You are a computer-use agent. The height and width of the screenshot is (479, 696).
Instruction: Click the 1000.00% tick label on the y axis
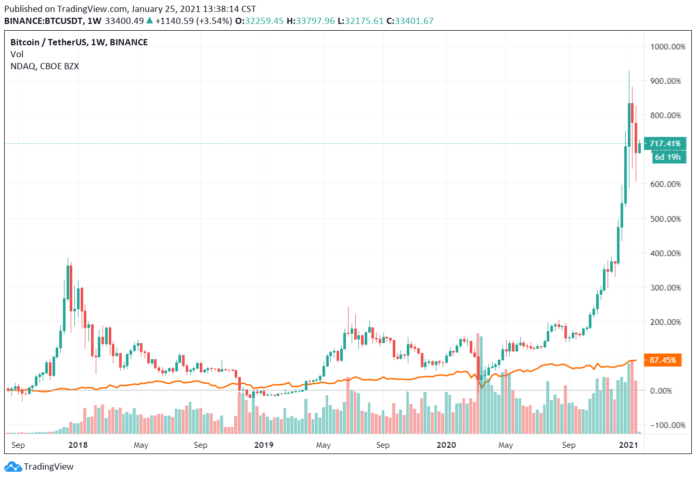click(x=668, y=47)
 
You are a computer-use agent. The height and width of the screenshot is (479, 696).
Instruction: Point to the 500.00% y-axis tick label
click(x=666, y=219)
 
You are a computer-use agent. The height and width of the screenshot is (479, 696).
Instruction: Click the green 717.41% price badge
click(x=665, y=144)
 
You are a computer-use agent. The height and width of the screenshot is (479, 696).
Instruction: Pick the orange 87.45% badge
click(x=663, y=360)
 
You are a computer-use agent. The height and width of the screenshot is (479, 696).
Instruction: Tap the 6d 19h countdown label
click(x=667, y=157)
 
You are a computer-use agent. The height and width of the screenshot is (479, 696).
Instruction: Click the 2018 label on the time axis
click(x=78, y=445)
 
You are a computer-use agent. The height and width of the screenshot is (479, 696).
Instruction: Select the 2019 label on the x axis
click(x=264, y=445)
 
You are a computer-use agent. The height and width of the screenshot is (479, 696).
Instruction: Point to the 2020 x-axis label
click(x=446, y=445)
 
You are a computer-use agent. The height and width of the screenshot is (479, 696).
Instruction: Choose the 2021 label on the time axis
click(x=628, y=445)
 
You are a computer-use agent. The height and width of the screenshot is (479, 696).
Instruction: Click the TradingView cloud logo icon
click(x=13, y=467)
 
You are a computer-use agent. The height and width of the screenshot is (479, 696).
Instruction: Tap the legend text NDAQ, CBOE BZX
click(x=45, y=66)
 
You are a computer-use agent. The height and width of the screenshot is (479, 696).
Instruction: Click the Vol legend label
click(x=17, y=54)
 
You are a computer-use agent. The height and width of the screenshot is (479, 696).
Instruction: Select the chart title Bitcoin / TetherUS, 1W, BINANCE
click(x=79, y=42)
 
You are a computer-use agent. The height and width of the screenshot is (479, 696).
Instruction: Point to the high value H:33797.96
click(x=310, y=21)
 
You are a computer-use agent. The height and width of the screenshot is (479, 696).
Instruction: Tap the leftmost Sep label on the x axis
click(x=18, y=445)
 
